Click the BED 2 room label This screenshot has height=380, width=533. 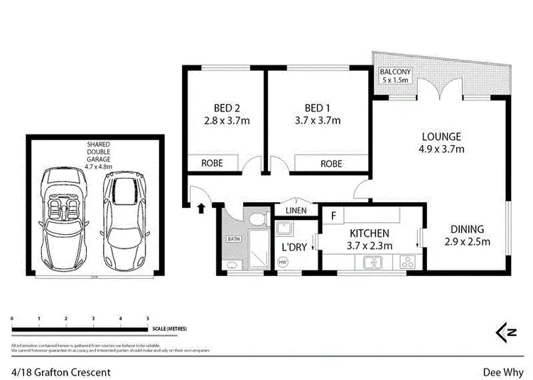tap(222, 108)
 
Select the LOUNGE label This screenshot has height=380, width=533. tap(441, 137)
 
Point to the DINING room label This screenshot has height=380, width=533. tap(467, 229)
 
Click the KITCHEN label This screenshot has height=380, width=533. tap(368, 233)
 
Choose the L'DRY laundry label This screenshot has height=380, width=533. tap(293, 246)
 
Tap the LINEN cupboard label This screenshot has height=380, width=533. tap(296, 211)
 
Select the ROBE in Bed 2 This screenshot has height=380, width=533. tap(212, 163)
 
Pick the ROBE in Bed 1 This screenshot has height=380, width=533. tap(331, 163)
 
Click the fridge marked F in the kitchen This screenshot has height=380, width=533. tap(333, 213)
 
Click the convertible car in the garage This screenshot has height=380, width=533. tap(64, 216)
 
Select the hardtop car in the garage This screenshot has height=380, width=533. tap(126, 216)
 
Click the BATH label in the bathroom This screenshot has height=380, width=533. tap(233, 238)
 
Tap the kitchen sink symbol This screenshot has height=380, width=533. tap(372, 263)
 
